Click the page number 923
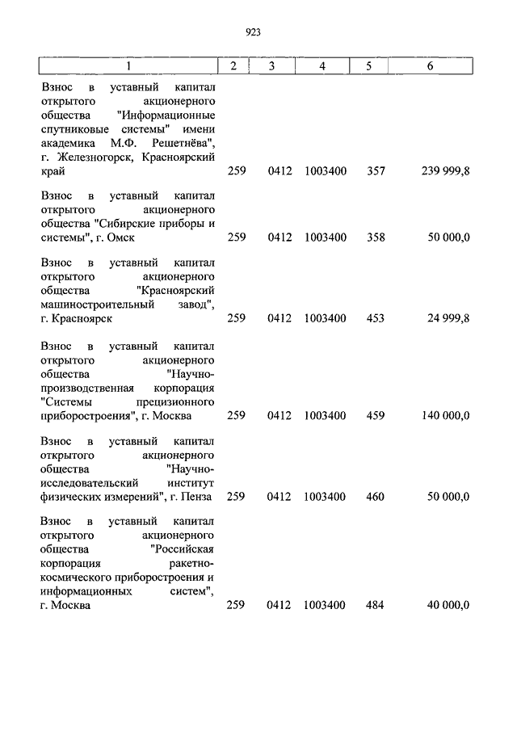pos(253,32)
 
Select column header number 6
pos(430,66)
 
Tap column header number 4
pos(322,66)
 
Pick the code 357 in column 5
pos(375,171)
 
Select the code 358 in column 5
pos(375,237)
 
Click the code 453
pos(375,318)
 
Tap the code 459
pos(375,415)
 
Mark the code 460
pos(375,496)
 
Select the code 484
pos(375,605)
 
